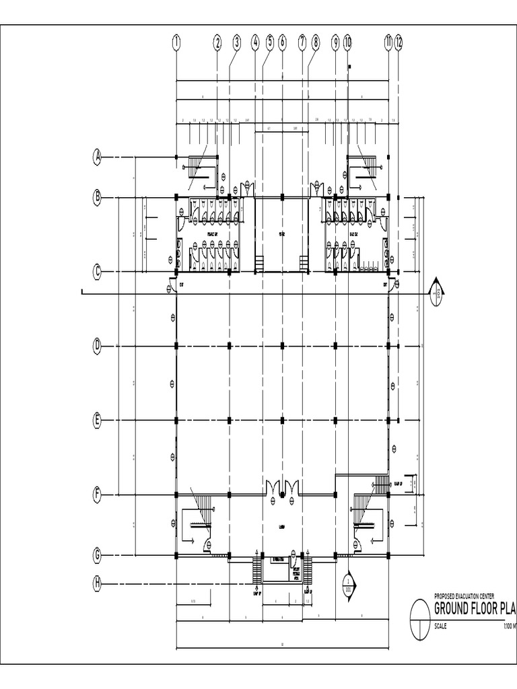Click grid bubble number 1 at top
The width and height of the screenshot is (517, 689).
point(176,42)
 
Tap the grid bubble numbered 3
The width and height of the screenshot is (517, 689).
point(237,42)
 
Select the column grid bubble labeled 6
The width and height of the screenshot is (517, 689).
point(282,42)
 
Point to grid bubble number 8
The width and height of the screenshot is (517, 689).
point(316,42)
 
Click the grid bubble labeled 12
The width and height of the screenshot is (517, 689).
point(399,42)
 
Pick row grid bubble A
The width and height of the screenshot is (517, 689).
point(98,158)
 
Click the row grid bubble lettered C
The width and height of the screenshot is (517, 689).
point(98,272)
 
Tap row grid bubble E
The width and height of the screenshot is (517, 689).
point(98,421)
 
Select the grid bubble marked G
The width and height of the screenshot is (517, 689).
point(98,556)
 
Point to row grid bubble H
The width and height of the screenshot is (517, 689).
point(98,583)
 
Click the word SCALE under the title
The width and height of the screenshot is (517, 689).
point(441,626)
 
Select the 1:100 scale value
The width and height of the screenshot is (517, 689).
point(509,626)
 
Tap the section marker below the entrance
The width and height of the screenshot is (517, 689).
point(348,583)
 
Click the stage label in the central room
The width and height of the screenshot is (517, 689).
point(282,234)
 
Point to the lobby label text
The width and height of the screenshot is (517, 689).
point(282,527)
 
